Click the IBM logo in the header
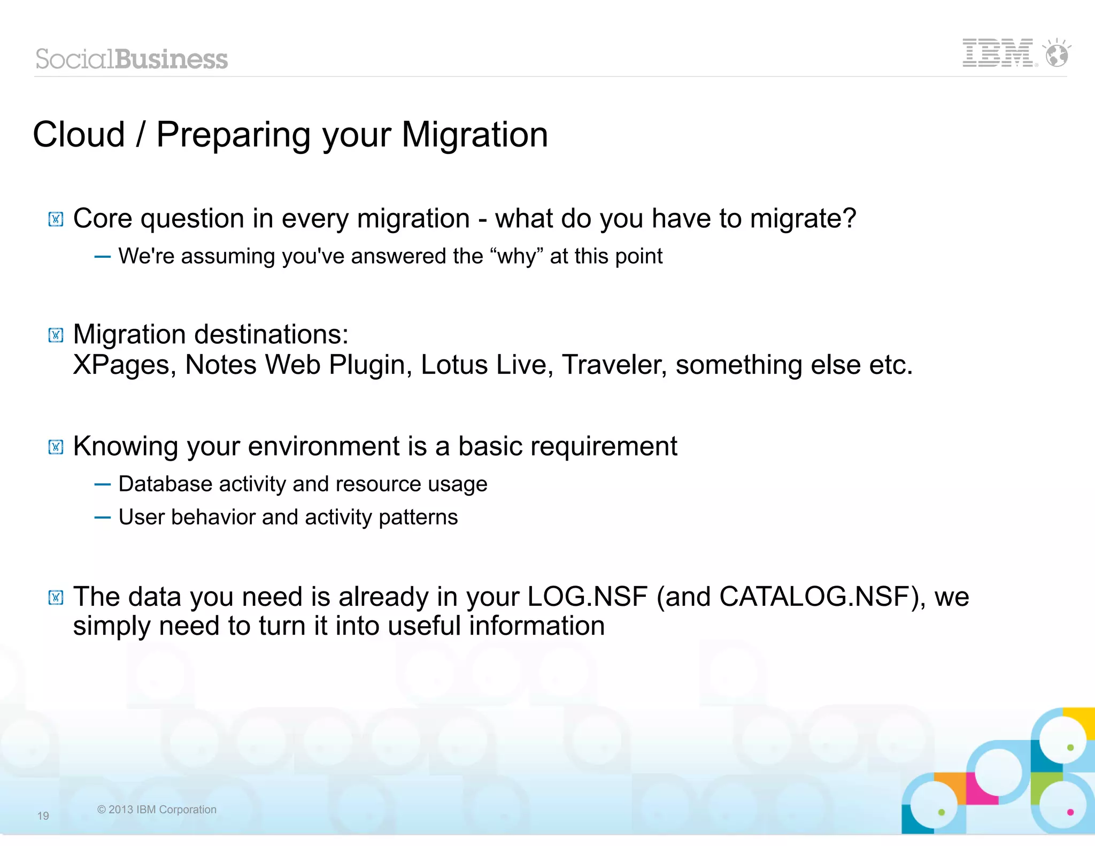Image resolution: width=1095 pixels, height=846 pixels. pos(997,53)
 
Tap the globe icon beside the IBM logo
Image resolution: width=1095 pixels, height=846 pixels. pos(1057,55)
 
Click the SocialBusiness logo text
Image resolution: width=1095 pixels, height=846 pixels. pos(132,59)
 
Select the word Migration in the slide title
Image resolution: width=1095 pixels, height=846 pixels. pos(474,135)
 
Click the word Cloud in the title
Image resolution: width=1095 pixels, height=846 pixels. pos(79,135)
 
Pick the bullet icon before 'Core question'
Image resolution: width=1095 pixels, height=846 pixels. pos(56,219)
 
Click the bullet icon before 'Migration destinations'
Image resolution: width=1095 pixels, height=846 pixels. pos(56,335)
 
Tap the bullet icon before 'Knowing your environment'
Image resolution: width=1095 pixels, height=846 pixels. pos(56,447)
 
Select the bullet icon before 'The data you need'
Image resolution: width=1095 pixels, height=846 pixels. pos(56,597)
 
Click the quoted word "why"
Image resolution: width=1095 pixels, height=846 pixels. pos(516,256)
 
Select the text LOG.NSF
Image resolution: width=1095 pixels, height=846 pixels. pos(587,597)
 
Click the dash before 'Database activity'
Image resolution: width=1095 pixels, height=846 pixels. pos(102,484)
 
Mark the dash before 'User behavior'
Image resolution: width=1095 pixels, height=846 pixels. pos(102,518)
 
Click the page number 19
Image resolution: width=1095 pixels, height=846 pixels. pos(43,816)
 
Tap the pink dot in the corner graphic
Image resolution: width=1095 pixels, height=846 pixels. pos(1070,812)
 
